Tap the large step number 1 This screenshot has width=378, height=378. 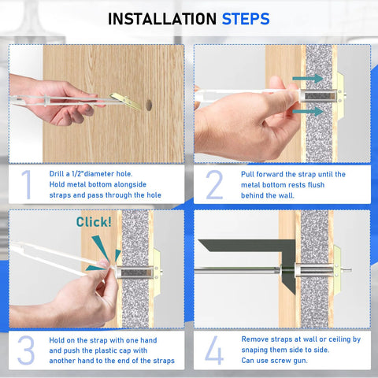[26, 183]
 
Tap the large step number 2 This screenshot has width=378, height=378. [214, 183]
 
